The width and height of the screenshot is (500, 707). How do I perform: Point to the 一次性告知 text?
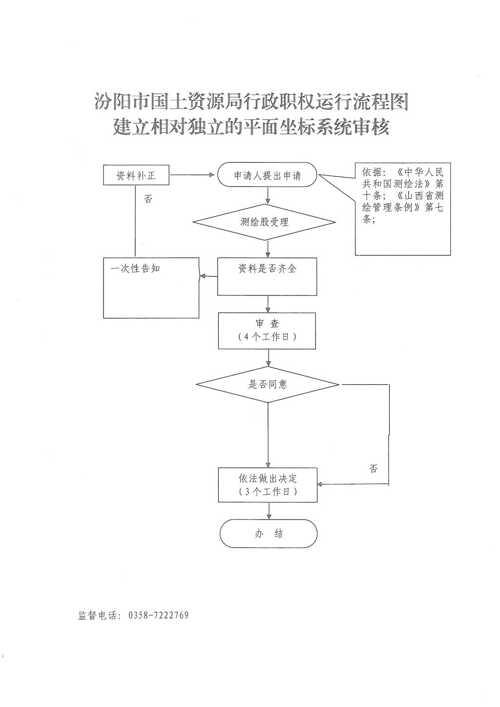click(x=135, y=269)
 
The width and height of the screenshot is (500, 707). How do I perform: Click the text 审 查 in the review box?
click(x=267, y=323)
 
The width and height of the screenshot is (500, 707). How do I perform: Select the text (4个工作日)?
click(x=267, y=337)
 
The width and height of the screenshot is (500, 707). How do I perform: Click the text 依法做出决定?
click(x=268, y=478)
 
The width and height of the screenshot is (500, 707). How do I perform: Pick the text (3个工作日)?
click(x=268, y=491)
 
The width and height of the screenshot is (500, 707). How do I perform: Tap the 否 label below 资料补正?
click(x=148, y=199)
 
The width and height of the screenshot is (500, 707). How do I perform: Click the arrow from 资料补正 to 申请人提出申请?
click(x=192, y=175)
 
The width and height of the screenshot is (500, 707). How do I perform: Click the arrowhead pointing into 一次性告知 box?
click(x=203, y=276)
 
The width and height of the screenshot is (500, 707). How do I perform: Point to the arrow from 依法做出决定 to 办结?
click(x=269, y=511)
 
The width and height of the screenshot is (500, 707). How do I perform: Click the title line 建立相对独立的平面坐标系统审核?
click(x=251, y=127)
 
